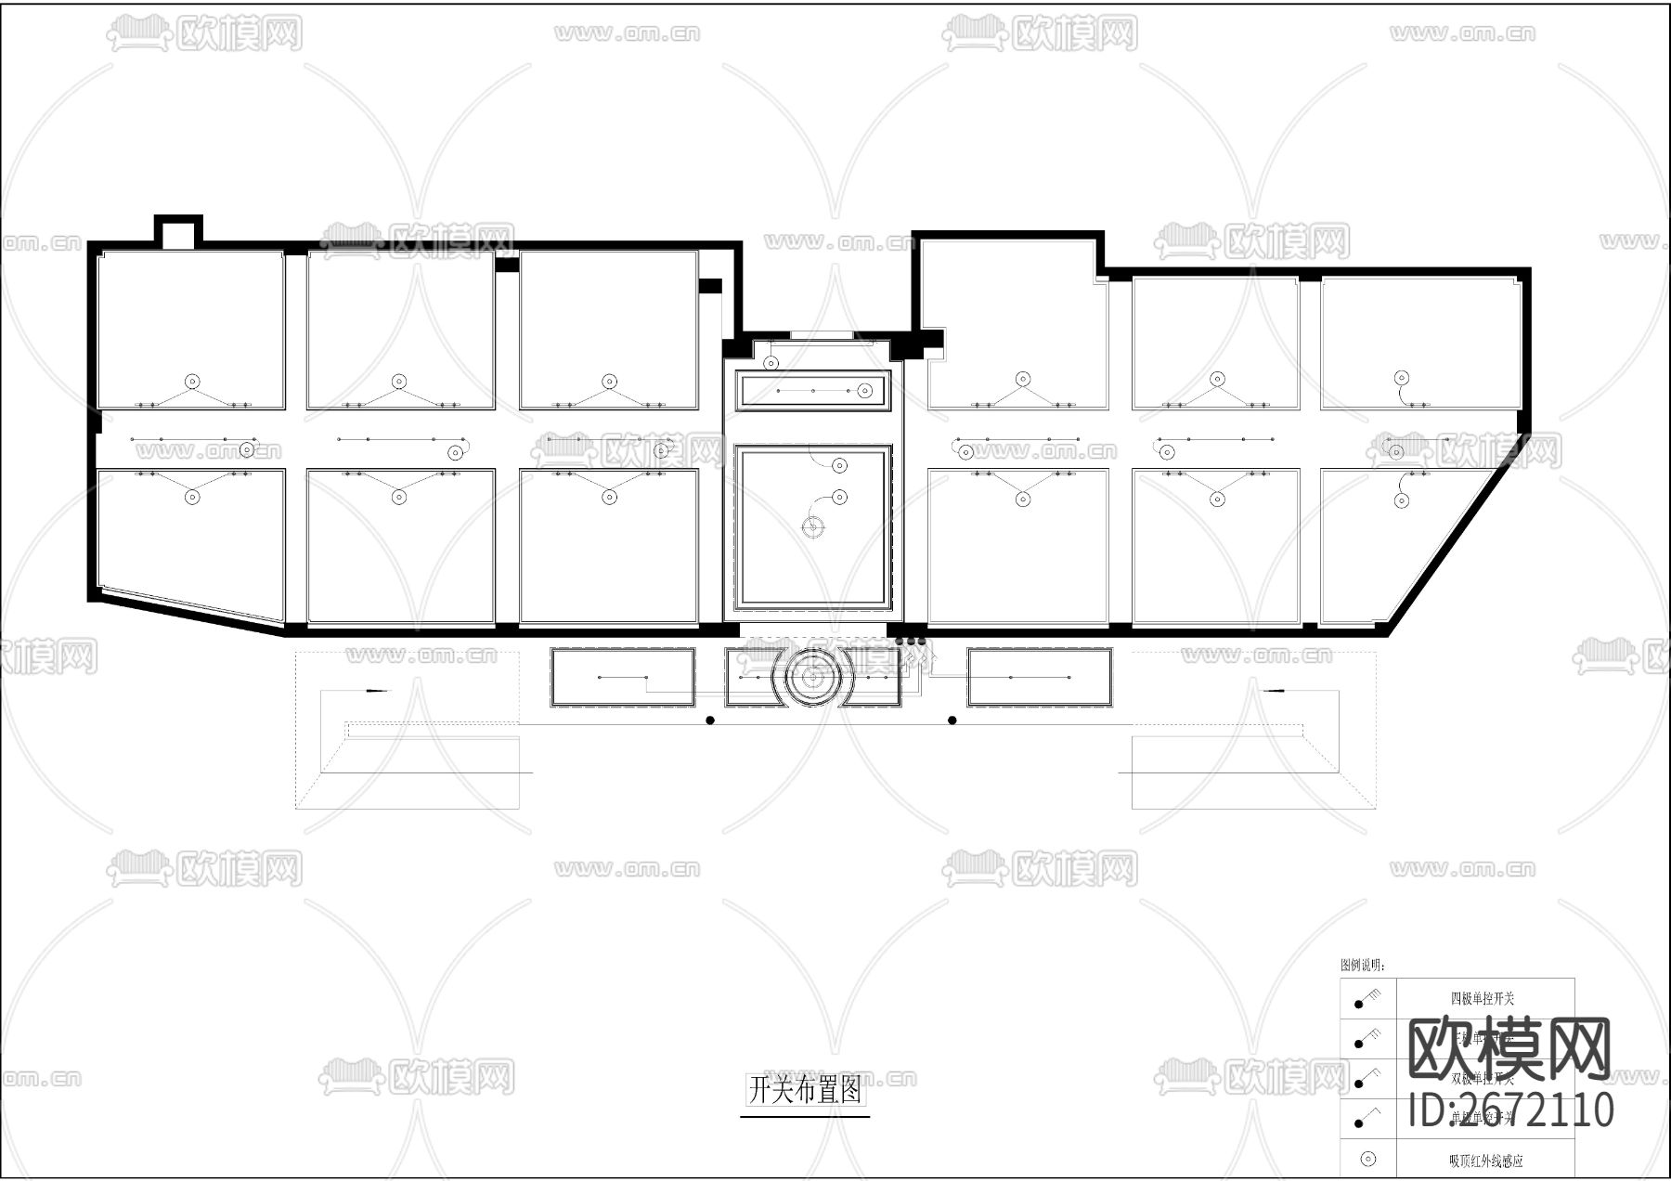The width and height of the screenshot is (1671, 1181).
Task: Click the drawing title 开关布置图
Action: (805, 1089)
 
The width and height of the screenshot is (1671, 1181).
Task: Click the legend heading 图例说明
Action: (1363, 966)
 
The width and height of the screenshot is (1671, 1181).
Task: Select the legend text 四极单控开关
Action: (1483, 999)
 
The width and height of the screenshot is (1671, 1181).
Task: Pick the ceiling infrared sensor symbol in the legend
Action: (1367, 1159)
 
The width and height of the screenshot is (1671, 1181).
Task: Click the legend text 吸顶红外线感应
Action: (1485, 1161)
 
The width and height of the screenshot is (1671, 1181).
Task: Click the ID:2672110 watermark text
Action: (1511, 1110)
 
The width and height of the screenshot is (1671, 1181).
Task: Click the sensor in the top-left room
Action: (192, 381)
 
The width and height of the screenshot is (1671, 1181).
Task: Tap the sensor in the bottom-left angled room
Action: (192, 497)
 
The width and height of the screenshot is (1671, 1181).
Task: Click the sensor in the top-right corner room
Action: (1402, 378)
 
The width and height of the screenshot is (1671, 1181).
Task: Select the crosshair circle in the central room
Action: (812, 527)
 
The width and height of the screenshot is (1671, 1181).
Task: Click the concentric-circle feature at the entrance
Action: (812, 681)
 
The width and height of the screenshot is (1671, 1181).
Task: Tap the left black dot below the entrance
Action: (710, 720)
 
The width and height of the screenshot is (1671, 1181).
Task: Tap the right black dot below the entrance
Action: (952, 720)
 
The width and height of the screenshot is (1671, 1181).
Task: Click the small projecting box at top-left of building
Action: (177, 232)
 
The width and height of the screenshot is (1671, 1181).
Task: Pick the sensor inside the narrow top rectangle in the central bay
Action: (864, 390)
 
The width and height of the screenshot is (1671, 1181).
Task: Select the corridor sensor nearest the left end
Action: (246, 449)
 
